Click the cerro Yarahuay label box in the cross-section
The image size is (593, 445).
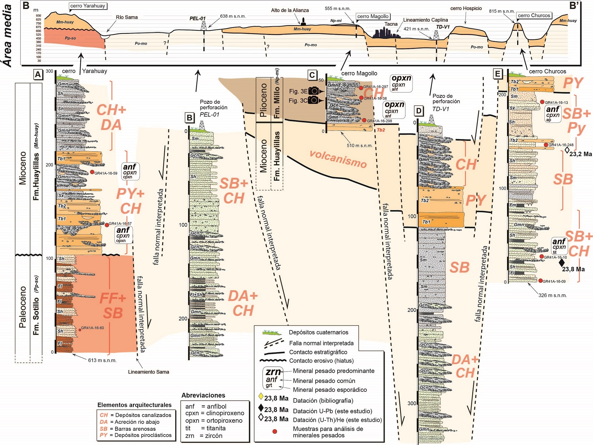[88, 6]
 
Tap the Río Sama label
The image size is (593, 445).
[127, 17]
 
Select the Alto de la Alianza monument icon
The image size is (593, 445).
[303, 21]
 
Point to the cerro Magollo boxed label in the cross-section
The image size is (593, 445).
[373, 16]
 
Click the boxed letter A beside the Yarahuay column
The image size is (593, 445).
[38, 75]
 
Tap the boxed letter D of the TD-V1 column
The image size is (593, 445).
[419, 111]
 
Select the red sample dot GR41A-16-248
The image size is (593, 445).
[546, 145]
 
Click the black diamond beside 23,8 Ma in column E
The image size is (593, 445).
[562, 263]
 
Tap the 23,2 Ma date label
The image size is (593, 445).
[581, 154]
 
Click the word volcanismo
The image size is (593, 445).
[338, 159]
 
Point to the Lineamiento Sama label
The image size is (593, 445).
[149, 372]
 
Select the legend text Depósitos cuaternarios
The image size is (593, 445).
[318, 332]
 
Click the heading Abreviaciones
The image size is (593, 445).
[203, 395]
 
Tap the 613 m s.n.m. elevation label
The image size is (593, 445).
[102, 360]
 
